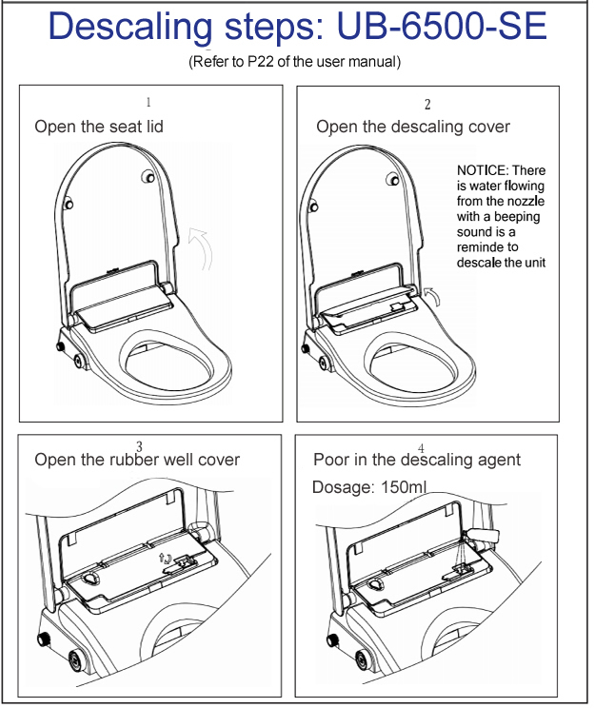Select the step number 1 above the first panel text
click(148, 102)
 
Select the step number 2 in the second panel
click(427, 104)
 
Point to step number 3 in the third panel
click(140, 446)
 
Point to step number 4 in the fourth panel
click(421, 447)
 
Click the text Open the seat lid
click(99, 127)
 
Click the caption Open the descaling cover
click(413, 127)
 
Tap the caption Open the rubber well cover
click(137, 460)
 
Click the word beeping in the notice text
click(515, 216)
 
